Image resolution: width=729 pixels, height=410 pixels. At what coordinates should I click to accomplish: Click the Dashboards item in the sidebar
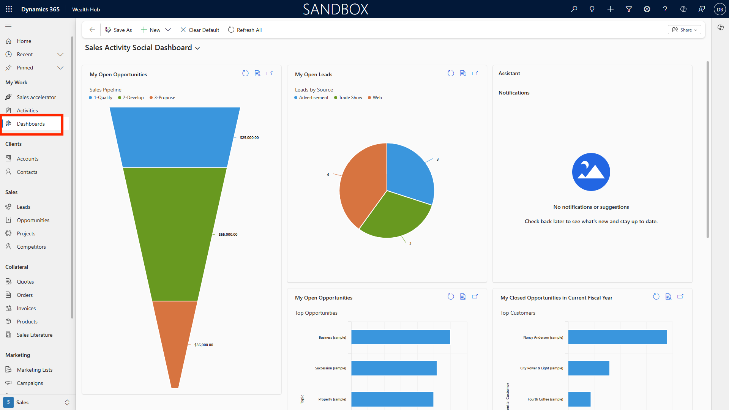[31, 124]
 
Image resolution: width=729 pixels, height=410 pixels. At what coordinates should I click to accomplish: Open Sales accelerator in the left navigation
[36, 97]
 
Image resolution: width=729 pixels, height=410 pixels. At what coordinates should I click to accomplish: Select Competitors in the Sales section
[31, 247]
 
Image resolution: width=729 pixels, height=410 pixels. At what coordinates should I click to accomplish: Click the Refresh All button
[245, 30]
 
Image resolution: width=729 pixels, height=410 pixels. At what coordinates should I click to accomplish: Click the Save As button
[119, 30]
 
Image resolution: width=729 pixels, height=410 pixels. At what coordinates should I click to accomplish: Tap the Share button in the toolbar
[684, 30]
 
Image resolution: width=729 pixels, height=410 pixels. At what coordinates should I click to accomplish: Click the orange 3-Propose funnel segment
[175, 338]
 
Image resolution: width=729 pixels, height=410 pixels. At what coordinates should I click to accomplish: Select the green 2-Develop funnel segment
[175, 233]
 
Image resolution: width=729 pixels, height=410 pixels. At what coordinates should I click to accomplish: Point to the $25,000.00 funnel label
[249, 138]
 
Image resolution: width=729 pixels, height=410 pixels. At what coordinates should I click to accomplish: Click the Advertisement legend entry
[311, 98]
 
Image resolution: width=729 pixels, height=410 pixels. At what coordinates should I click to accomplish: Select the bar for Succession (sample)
[394, 368]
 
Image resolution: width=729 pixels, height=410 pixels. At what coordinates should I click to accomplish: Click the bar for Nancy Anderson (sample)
[617, 337]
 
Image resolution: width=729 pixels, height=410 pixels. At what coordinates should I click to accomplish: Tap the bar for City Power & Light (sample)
[589, 368]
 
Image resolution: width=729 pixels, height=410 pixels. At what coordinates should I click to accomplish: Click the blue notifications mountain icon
[591, 172]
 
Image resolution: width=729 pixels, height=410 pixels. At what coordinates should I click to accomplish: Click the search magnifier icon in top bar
[574, 9]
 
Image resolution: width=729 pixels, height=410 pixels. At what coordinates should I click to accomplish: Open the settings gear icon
[647, 9]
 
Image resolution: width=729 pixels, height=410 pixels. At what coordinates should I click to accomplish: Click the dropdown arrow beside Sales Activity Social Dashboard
[197, 48]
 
